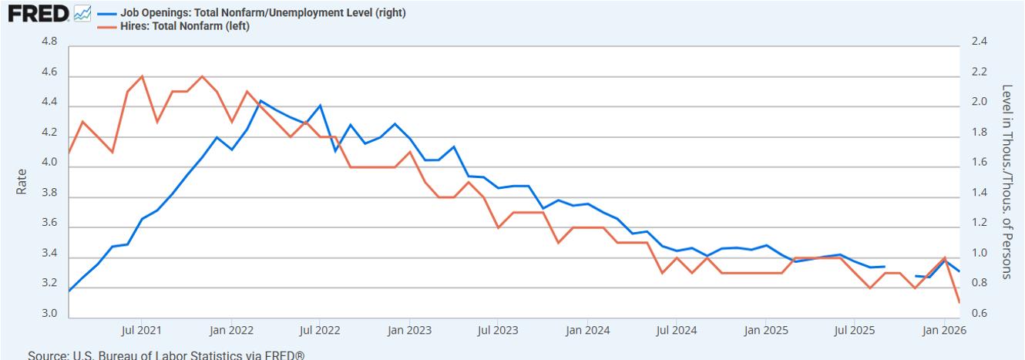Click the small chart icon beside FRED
82,13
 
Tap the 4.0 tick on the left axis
48,163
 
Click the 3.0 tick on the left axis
48,314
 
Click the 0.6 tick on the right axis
979,314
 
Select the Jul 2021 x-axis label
142,331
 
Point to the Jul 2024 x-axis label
676,331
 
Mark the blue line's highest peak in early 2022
260,101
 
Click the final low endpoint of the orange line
959,302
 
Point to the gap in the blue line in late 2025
899,271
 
